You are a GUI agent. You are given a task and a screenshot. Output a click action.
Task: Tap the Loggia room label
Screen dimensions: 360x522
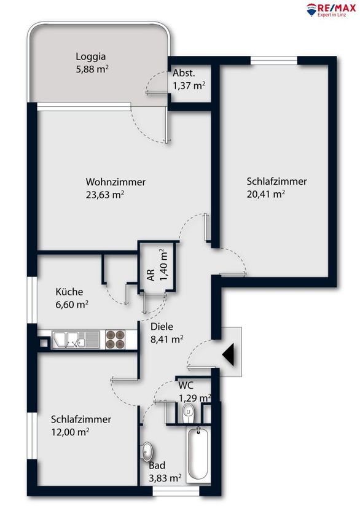[90, 56]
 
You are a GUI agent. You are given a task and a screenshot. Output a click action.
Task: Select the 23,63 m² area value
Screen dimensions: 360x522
[105, 195]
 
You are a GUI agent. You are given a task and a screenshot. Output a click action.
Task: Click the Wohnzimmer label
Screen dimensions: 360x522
[115, 182]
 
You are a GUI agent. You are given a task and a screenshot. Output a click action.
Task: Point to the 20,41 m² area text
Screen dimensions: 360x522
[266, 193]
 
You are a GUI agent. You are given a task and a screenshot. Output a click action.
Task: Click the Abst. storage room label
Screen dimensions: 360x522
[184, 73]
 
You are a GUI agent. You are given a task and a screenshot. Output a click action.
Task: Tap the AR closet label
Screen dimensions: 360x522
[151, 275]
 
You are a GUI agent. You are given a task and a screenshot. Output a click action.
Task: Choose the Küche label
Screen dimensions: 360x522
[69, 292]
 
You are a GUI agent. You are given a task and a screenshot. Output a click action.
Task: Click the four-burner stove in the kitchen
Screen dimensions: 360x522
[115, 340]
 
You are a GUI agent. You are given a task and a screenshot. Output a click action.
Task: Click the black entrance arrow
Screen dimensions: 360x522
[229, 354]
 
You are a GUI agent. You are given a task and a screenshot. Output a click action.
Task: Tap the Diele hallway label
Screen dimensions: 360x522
[162, 326]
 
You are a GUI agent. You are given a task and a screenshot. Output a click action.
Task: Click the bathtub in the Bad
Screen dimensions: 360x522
[198, 454]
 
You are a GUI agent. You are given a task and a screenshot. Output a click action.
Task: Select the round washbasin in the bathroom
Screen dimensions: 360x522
[147, 452]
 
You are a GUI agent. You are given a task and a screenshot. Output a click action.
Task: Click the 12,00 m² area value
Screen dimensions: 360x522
[70, 432]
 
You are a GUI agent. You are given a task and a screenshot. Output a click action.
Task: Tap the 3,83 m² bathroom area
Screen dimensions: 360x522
[165, 478]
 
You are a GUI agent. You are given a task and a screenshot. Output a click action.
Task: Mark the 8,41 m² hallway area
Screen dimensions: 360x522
[167, 339]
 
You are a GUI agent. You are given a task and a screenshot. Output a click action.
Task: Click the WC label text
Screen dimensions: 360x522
[186, 386]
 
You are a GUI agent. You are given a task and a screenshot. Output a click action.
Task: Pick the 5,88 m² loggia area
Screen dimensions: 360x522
[92, 69]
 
